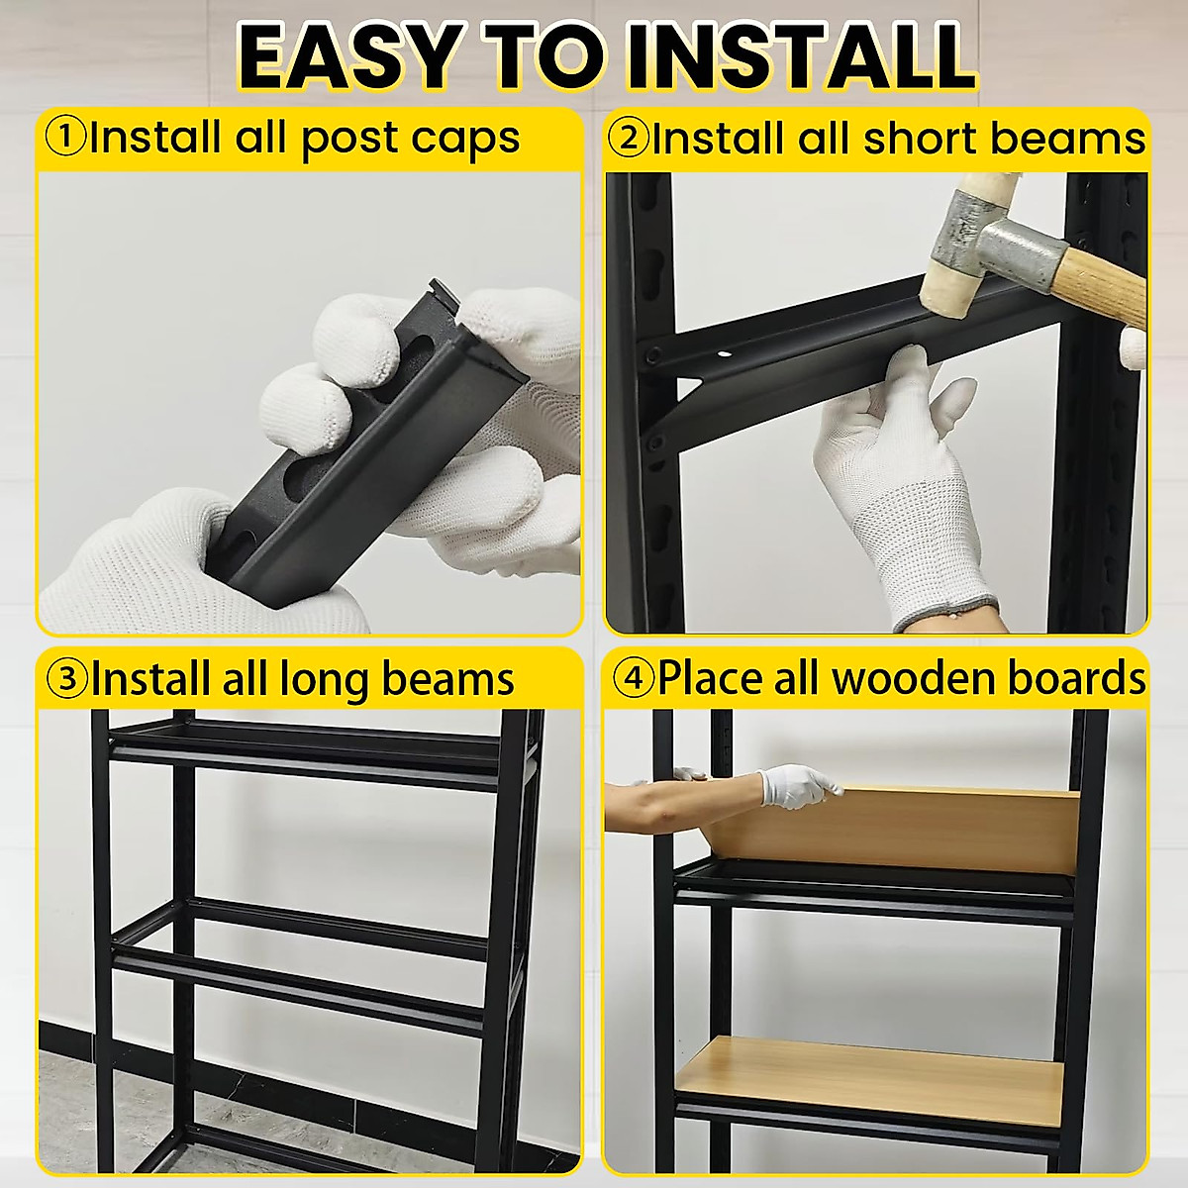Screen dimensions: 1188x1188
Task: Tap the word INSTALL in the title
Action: (x=802, y=56)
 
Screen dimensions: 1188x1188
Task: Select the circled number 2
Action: (x=627, y=138)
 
